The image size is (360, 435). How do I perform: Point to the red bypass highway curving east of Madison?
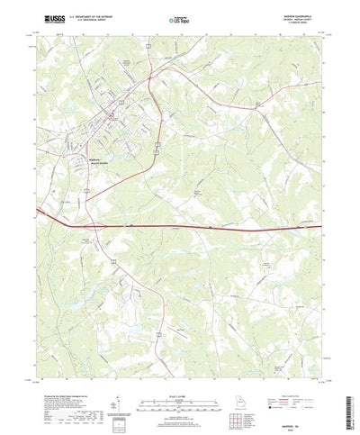click(x=153, y=126)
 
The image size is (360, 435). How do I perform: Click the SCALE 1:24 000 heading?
click(x=179, y=370)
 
